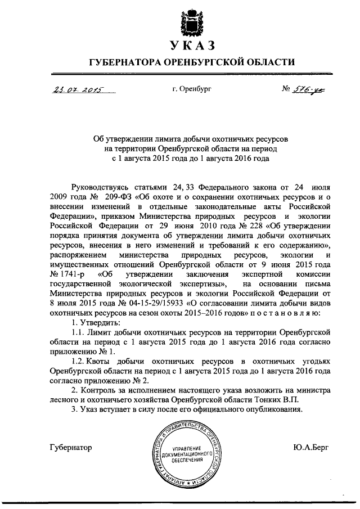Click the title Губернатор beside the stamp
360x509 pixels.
pos(70,448)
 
